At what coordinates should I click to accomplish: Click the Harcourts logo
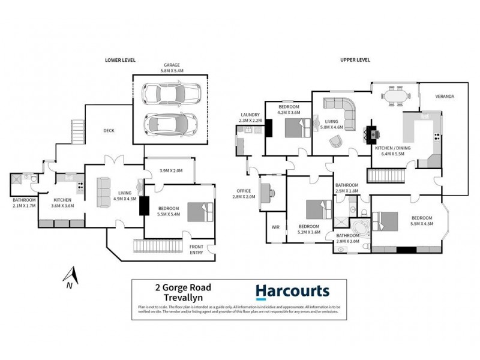[x=292, y=292]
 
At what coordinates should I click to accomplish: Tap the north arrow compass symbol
[x=70, y=278]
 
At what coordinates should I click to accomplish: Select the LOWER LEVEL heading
[x=119, y=61]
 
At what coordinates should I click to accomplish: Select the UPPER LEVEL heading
[x=355, y=61]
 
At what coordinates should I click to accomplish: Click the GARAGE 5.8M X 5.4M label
[x=170, y=67]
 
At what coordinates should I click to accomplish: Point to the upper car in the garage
[x=170, y=94]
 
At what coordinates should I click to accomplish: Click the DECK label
[x=109, y=130]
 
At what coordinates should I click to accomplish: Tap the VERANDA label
[x=445, y=96]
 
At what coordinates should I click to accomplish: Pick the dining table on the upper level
[x=394, y=94]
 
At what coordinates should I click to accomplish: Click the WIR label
[x=276, y=227]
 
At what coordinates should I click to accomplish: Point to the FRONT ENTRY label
[x=197, y=250]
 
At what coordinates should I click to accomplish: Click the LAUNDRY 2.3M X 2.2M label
[x=250, y=118]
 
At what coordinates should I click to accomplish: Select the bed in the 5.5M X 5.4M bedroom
[x=199, y=212]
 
